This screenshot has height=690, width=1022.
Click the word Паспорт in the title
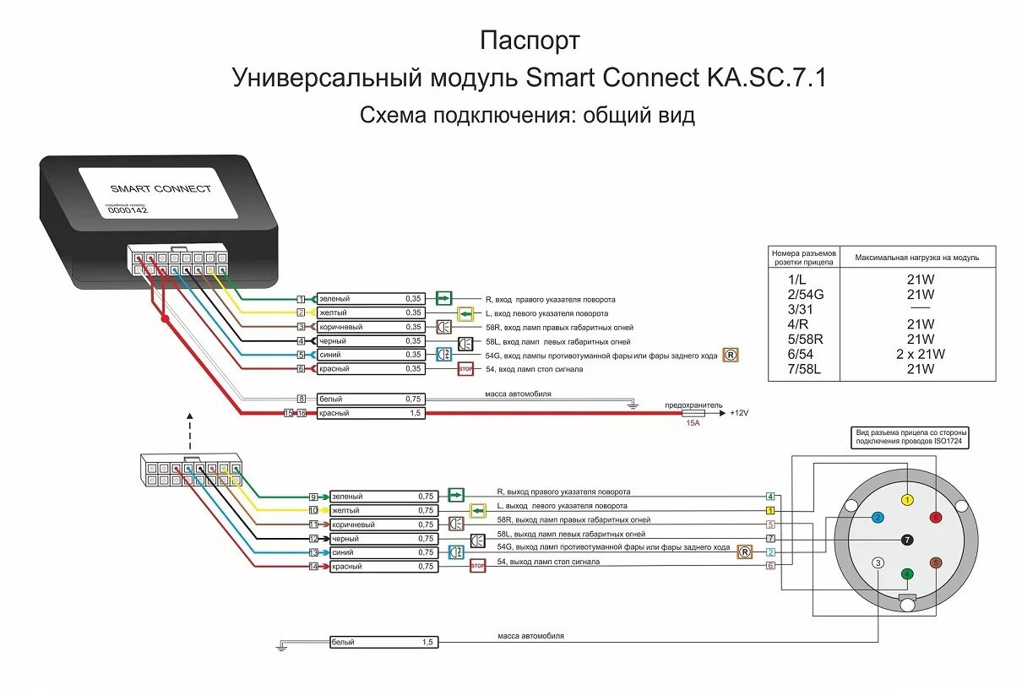tap(530, 41)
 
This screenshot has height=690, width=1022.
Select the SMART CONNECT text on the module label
tap(160, 188)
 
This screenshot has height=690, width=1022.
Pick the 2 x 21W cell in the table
tap(920, 355)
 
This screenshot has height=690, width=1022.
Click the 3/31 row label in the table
tap(801, 309)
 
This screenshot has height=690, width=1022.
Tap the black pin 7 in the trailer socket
tap(907, 540)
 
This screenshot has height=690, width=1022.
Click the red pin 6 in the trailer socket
tap(935, 517)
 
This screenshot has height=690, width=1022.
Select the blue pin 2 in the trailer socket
tap(878, 517)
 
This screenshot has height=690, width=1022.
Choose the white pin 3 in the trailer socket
tap(878, 563)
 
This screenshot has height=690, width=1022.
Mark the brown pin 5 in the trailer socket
tap(935, 562)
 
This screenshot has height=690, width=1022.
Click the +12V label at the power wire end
tap(741, 413)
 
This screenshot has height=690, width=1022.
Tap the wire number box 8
tap(300, 399)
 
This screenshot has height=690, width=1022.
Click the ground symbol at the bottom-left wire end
tap(282, 648)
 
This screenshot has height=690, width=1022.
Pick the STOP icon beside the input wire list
tap(465, 369)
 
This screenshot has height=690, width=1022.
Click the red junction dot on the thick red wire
tap(165, 319)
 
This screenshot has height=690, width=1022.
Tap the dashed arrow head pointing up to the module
tap(190, 416)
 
